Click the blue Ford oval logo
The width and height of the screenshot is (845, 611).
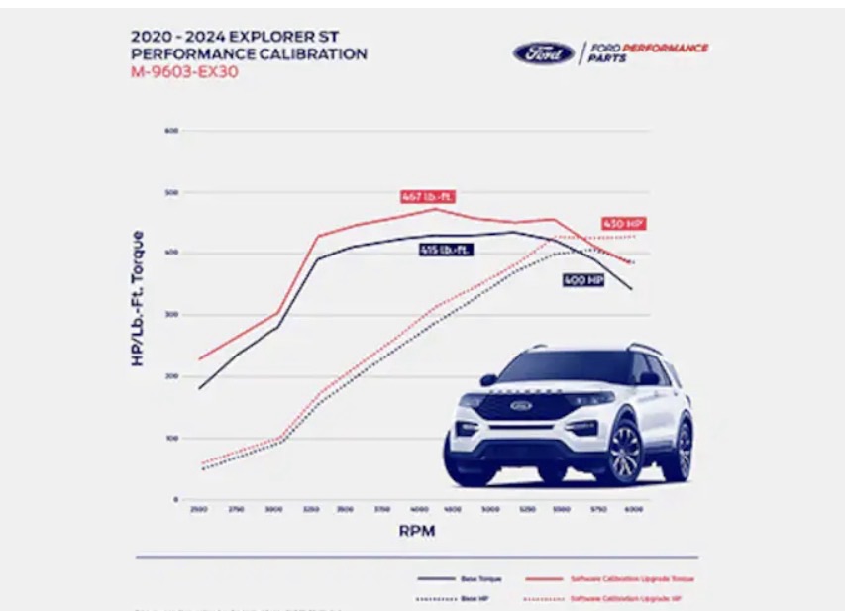click(x=543, y=53)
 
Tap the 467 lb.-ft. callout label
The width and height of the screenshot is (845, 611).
click(x=427, y=196)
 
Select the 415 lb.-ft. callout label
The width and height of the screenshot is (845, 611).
click(x=445, y=251)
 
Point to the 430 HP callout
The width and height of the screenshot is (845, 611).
click(x=623, y=224)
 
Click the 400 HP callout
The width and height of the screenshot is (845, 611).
click(x=582, y=280)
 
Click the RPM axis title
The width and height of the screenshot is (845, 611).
click(x=416, y=531)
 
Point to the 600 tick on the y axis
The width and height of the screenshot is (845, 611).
click(x=171, y=131)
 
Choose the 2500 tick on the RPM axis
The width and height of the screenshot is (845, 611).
click(x=199, y=509)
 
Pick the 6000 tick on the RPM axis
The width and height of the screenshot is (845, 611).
click(x=633, y=509)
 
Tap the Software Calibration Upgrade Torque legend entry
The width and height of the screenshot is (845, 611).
click(x=631, y=578)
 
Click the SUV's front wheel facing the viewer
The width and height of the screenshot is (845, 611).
click(x=623, y=454)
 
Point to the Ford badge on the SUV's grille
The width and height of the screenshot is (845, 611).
click(x=521, y=404)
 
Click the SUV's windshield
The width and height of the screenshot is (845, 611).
click(x=564, y=368)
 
